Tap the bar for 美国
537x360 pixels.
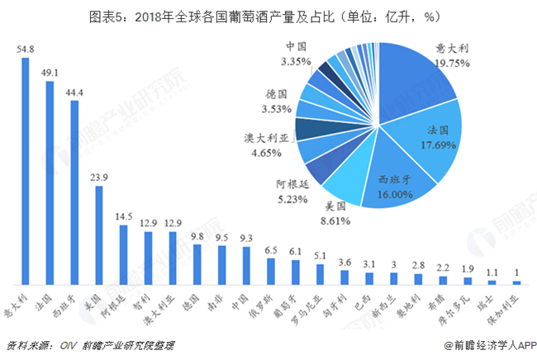coord(99,234)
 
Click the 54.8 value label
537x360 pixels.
coord(25,50)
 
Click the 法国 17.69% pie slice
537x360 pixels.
coord(430,140)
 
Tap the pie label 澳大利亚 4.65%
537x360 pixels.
coord(265,145)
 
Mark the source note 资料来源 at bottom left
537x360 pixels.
coord(91,344)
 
